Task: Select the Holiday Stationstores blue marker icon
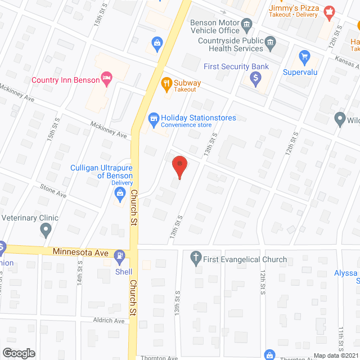[152, 119]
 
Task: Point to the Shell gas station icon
[119, 257]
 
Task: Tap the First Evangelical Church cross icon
[196, 258]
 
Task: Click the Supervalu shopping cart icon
[305, 56]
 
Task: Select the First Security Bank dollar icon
[255, 79]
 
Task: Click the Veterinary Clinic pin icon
[46, 229]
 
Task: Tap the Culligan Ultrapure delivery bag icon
[119, 194]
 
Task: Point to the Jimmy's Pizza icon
[329, 10]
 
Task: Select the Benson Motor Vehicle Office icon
[246, 24]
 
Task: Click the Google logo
[18, 353]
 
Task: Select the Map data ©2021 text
[335, 355]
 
